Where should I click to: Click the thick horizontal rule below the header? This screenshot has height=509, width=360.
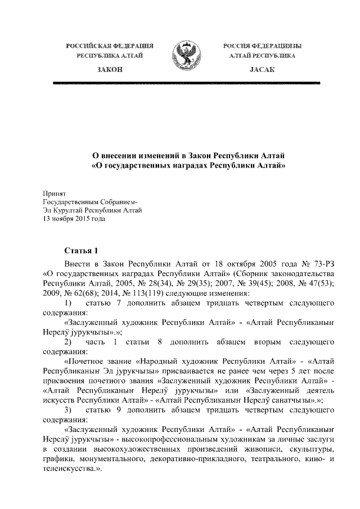(x=186, y=83)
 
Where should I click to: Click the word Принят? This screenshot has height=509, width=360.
(x=54, y=193)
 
